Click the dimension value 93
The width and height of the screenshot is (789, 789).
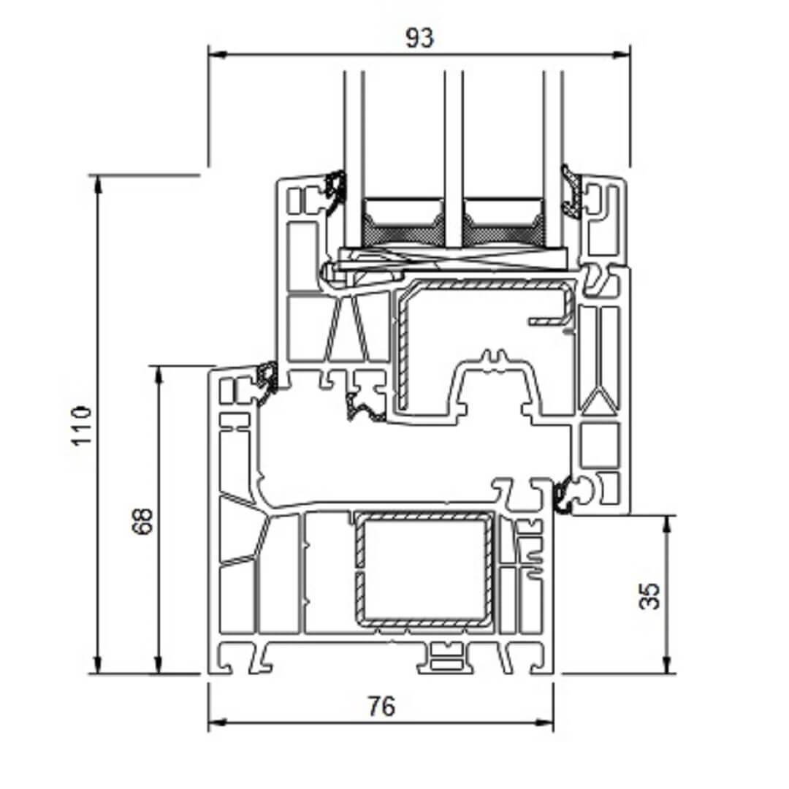[419, 38]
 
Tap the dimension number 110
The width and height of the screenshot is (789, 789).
[82, 425]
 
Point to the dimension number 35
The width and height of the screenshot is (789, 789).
[649, 596]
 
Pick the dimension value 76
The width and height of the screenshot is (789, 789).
[381, 706]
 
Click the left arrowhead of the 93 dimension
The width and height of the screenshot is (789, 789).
[216, 54]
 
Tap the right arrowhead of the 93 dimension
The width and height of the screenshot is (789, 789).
[621, 54]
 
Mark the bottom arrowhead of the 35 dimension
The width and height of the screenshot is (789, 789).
[667, 665]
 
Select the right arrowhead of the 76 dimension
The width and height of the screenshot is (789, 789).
[544, 723]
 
